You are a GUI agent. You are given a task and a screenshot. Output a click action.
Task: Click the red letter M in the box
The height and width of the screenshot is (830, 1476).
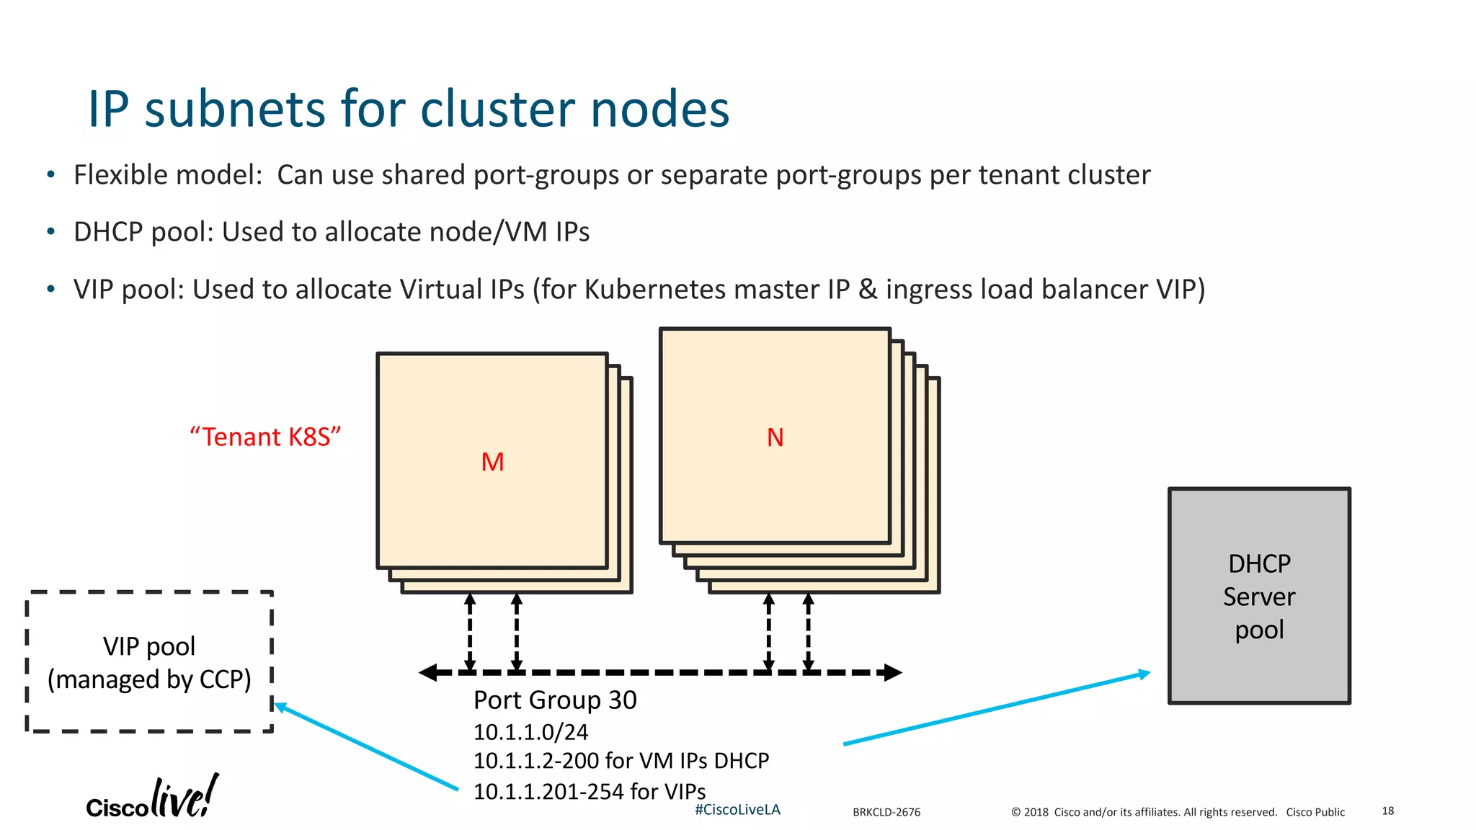(x=492, y=462)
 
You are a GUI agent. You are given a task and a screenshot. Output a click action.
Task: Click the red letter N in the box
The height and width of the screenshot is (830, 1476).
(x=775, y=437)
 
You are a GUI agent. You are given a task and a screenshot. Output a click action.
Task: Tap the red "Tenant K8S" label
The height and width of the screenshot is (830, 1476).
(x=264, y=437)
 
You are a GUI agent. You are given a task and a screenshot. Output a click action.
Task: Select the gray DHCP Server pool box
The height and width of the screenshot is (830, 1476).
(x=1258, y=596)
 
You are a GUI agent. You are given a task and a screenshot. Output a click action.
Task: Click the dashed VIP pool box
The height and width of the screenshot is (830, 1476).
(x=149, y=662)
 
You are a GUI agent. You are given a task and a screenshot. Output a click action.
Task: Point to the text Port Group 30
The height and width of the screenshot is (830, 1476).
(x=555, y=700)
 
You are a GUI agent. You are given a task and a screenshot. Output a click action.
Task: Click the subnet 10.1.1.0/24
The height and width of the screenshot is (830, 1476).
(x=530, y=732)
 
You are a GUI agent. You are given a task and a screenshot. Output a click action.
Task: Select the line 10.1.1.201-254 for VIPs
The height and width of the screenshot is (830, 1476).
(x=589, y=791)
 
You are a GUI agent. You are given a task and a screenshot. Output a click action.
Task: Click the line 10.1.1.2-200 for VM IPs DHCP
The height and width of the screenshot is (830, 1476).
(x=621, y=761)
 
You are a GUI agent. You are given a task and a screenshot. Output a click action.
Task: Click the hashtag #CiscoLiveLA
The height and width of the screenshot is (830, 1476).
(x=737, y=810)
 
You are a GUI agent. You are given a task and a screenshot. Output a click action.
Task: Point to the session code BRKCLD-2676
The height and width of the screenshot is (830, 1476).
(x=886, y=812)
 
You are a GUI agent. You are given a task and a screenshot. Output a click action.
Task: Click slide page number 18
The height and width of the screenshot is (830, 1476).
(x=1387, y=811)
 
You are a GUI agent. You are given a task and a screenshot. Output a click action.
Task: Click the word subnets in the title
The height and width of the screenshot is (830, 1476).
(x=235, y=110)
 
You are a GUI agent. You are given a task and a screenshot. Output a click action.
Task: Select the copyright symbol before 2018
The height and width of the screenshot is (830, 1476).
(x=1015, y=812)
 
